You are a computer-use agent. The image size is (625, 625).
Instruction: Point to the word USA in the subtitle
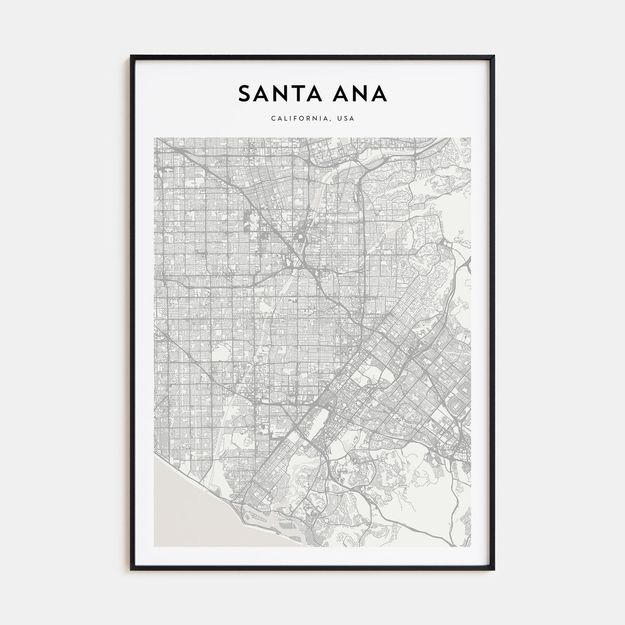(346, 119)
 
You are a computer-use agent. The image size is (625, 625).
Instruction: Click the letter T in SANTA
(301, 94)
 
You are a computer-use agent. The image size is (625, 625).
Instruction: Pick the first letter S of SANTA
(246, 94)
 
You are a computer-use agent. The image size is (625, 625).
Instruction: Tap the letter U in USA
(340, 119)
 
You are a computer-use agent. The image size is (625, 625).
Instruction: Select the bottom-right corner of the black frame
(494, 570)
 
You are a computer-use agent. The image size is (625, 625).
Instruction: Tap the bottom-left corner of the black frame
(131, 570)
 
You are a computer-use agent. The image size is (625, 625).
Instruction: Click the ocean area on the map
(179, 504)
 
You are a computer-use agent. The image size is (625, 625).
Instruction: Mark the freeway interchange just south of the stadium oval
(297, 263)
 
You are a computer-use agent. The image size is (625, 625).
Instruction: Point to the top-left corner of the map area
(154, 138)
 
